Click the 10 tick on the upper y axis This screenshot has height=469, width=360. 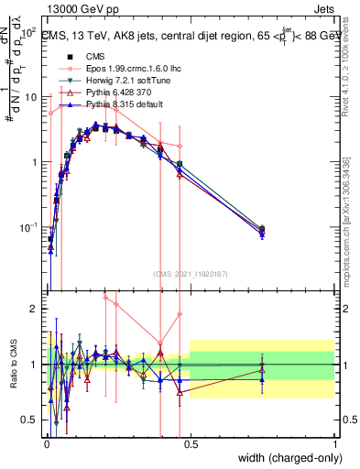click(x=31, y=96)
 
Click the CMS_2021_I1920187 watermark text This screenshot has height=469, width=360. click(x=190, y=274)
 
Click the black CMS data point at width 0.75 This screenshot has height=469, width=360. click(x=262, y=229)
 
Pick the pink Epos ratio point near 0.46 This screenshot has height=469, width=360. click(x=180, y=314)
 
